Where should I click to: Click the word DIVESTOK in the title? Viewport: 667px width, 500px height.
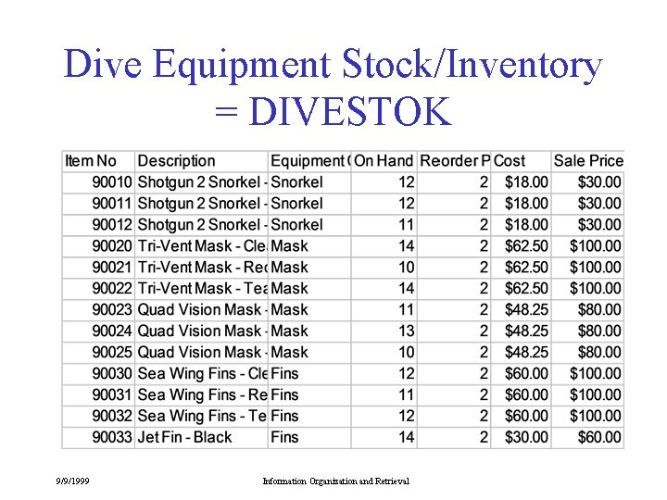point(350,112)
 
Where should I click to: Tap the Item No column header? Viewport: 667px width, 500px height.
point(91,161)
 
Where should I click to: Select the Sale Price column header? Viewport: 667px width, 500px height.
point(588,161)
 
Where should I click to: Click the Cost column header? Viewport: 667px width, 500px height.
point(510,161)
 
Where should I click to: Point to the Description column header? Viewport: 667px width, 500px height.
point(176,161)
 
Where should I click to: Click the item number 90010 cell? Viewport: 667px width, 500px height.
point(112,182)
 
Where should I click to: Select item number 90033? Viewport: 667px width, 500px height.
point(112,437)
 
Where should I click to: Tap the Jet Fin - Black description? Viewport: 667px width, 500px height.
point(185,437)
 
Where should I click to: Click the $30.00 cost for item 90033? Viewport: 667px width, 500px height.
point(526,437)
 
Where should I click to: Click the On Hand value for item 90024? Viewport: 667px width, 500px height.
point(406,331)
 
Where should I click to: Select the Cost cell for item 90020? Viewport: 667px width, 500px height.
point(526,246)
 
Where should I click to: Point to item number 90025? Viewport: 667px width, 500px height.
point(112,352)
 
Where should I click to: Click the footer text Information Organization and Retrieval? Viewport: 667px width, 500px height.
point(336,481)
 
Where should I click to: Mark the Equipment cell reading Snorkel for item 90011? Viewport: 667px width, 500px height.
point(297,204)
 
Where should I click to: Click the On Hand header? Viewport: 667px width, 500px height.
point(384,161)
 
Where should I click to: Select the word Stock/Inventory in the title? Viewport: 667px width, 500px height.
point(472,66)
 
